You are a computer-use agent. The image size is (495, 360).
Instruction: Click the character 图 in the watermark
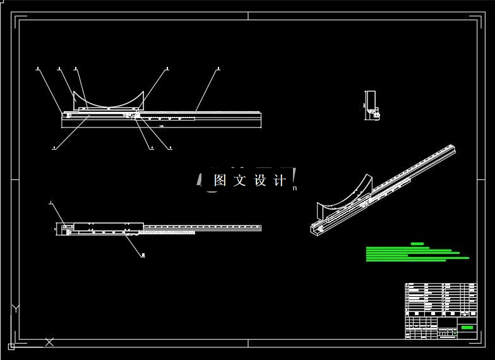click(x=220, y=180)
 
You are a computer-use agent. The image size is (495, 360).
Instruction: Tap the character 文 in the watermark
click(x=239, y=180)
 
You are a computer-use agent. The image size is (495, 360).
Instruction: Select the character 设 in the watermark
click(x=260, y=180)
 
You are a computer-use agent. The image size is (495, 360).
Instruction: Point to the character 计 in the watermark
click(x=280, y=180)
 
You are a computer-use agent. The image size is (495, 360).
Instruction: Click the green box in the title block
click(x=467, y=327)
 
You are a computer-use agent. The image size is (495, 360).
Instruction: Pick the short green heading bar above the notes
click(x=417, y=243)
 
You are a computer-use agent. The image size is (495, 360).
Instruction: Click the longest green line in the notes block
click(x=417, y=258)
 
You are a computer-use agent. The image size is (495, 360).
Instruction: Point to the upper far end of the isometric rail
click(x=451, y=150)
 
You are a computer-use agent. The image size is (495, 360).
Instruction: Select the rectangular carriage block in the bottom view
click(x=108, y=226)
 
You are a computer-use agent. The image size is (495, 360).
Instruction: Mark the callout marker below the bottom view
click(x=143, y=256)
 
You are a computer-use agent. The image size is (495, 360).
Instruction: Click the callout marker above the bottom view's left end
click(x=50, y=203)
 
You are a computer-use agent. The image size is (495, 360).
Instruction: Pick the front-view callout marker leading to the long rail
click(x=218, y=68)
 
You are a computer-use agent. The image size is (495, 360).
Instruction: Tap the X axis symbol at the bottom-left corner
click(x=49, y=342)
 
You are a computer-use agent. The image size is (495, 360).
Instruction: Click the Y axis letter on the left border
click(x=15, y=308)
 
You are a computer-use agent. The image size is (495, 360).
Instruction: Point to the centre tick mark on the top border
click(x=247, y=16)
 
